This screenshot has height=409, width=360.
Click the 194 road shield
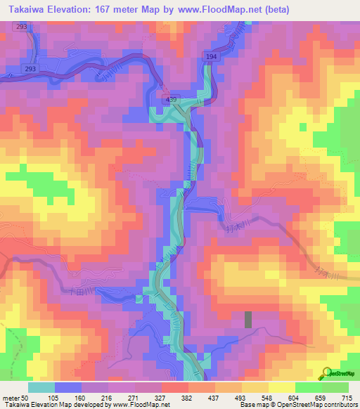pyautogui.click(x=213, y=56)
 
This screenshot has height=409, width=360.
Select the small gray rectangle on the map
pyautogui.click(x=248, y=320)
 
